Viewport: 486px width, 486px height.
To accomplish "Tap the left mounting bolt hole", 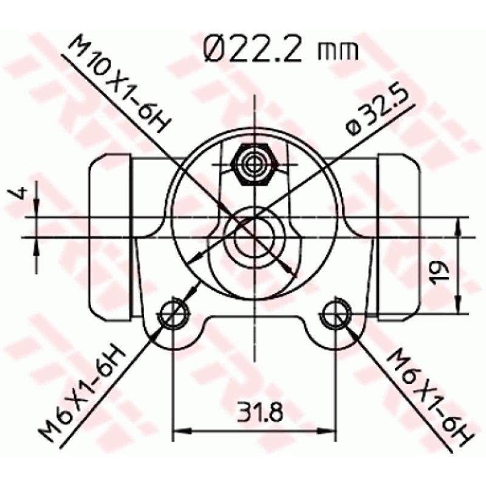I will pyautogui.click(x=174, y=314).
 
